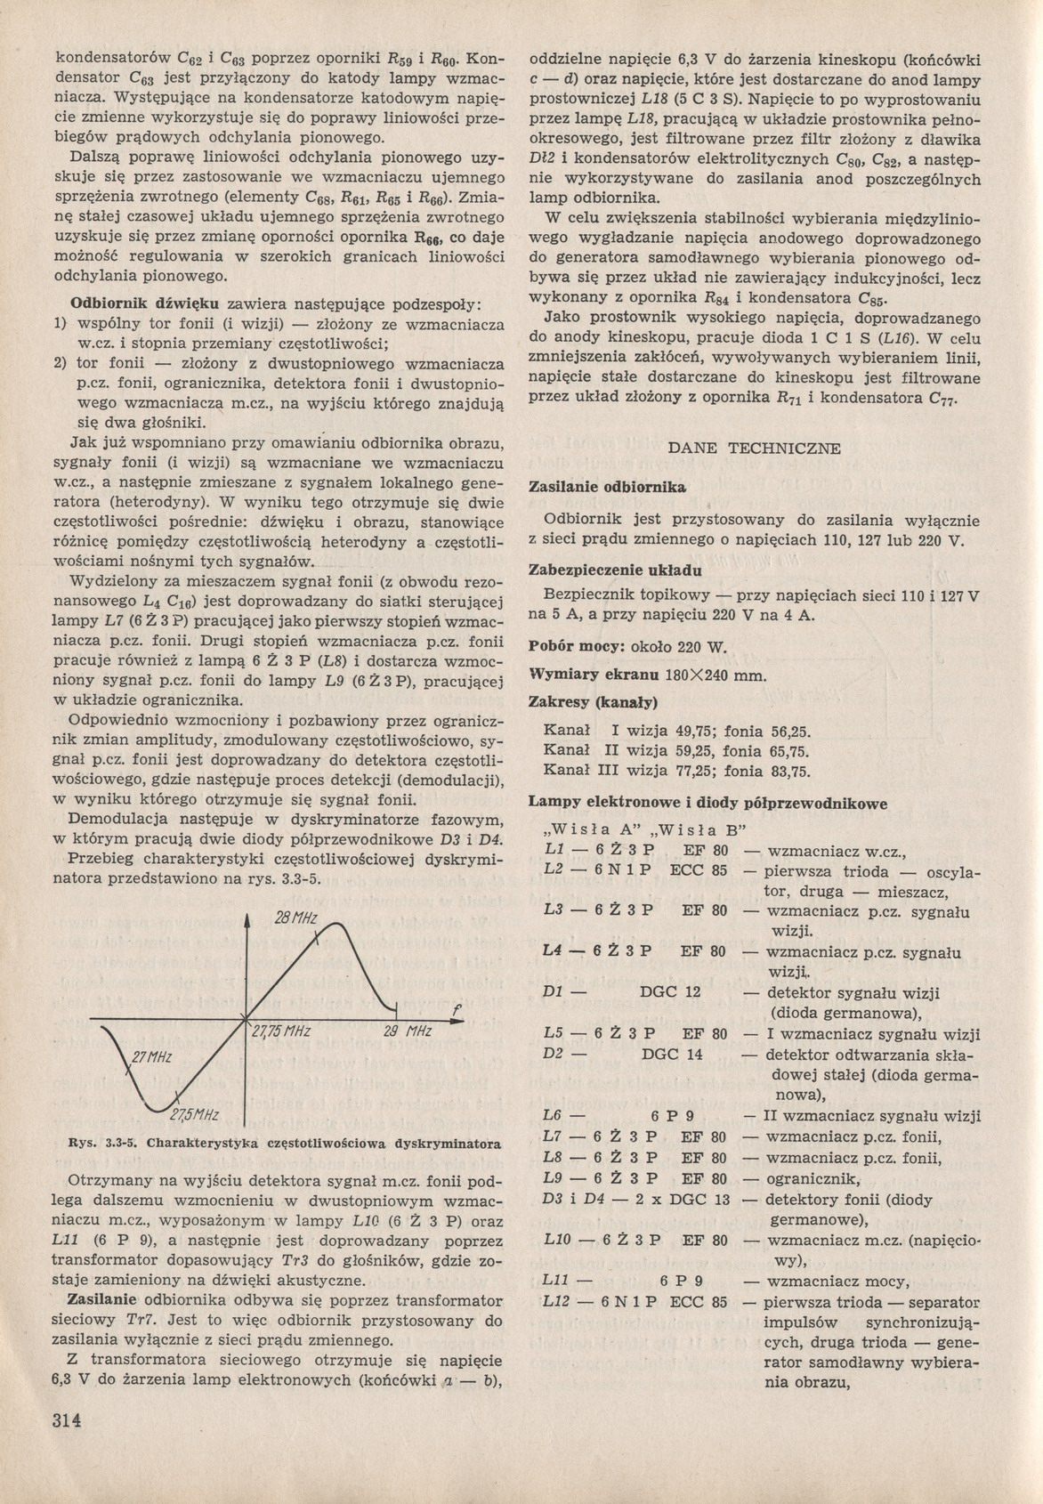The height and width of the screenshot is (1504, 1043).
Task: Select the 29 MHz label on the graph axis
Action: tap(407, 1032)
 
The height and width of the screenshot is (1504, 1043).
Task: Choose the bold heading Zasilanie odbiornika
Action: tap(607, 488)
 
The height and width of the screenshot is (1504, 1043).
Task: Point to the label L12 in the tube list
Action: tap(556, 1302)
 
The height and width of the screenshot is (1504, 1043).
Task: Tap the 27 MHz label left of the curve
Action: tap(151, 1057)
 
